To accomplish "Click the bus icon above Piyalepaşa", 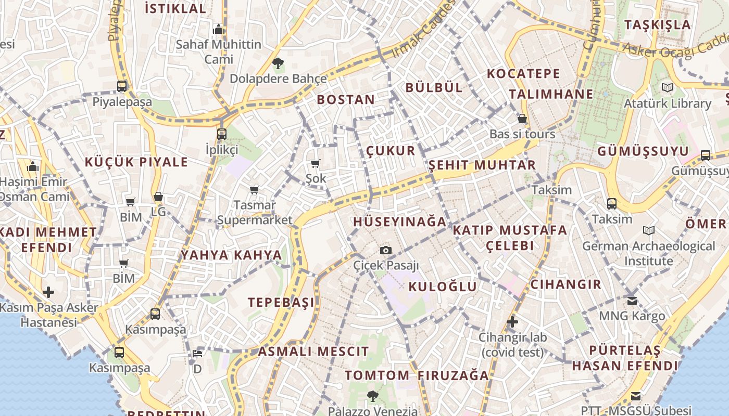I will (x=122, y=86).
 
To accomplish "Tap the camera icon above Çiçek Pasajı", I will (x=385, y=251).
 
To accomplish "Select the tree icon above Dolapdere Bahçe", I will (x=278, y=64).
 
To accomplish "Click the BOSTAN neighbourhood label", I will (x=346, y=100).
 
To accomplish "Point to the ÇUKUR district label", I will (x=391, y=151).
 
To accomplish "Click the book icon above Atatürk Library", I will (x=667, y=87).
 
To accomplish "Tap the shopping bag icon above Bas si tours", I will (x=522, y=119).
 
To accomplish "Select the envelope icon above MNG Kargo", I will (x=632, y=301).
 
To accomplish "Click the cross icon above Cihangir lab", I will (x=512, y=322).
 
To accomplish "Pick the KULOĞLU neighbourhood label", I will (x=443, y=287).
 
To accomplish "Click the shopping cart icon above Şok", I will (x=315, y=164).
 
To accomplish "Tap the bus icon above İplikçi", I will (x=222, y=134).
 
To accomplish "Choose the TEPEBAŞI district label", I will (x=281, y=302).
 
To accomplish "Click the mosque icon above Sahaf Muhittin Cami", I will (x=219, y=29).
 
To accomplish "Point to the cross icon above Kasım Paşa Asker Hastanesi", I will (x=48, y=292).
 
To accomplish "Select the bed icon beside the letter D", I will (x=197, y=354).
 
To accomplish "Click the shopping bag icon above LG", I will (x=158, y=197).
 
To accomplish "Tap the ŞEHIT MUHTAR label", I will (x=482, y=165).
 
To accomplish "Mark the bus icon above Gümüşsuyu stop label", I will (x=706, y=155).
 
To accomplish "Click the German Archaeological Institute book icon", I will (x=648, y=230).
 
